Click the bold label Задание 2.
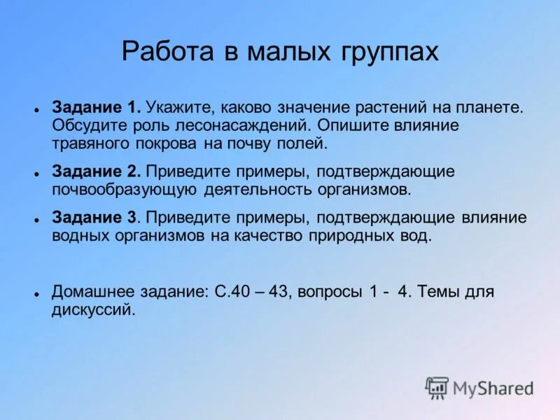[x=97, y=171]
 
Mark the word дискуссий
[x=92, y=309]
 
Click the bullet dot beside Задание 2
[x=35, y=173]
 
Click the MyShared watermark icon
[x=437, y=387]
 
